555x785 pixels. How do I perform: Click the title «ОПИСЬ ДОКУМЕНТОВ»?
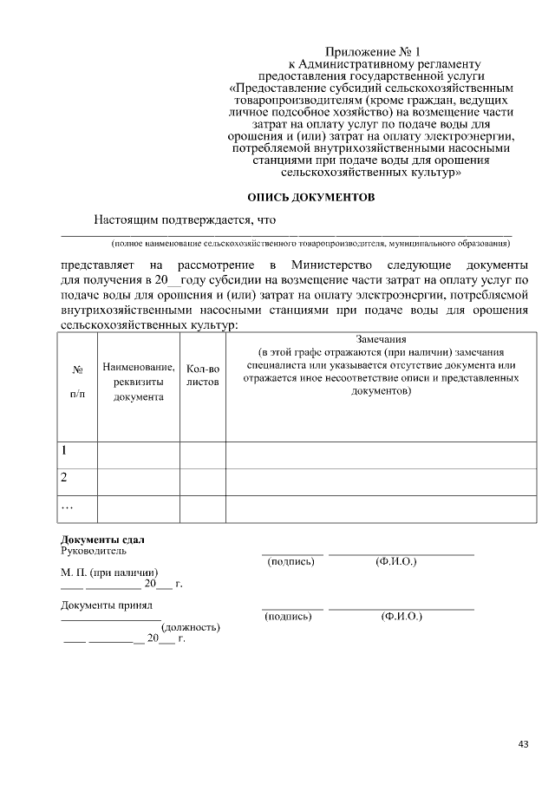[x=311, y=197]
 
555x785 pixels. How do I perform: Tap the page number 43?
[x=523, y=743]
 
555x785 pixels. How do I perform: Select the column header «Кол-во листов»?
[x=203, y=375]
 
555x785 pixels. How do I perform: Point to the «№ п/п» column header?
[x=77, y=382]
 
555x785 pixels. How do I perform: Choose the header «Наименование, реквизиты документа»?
[x=138, y=383]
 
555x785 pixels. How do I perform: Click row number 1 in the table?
[x=63, y=451]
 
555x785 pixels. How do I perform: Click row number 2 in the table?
[x=63, y=477]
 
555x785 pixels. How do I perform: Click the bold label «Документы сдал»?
[x=101, y=540]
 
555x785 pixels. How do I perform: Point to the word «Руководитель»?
[x=93, y=551]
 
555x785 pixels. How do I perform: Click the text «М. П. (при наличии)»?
[x=109, y=572]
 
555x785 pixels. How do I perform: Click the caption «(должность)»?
[x=190, y=627]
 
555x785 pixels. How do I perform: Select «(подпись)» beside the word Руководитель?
[x=291, y=562]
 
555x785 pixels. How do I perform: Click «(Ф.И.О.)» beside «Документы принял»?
[x=401, y=617]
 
